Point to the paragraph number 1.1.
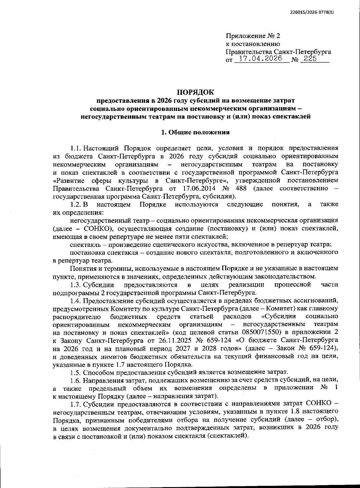coord(76,148)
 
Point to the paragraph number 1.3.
coord(76,284)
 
